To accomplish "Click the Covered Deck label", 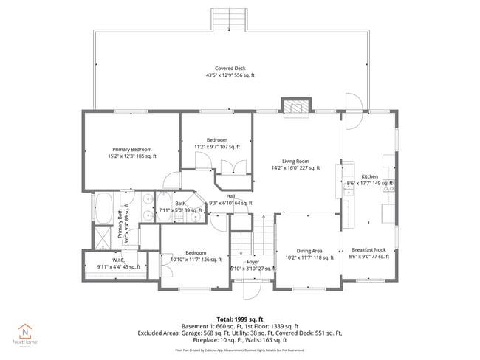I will (x=230, y=72).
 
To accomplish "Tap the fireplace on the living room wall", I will (x=298, y=107).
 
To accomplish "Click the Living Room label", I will (x=294, y=165).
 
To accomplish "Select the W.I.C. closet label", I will (x=118, y=263).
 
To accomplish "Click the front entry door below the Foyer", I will (x=253, y=289).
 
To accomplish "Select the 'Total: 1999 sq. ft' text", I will (x=239, y=318).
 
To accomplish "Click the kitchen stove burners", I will (x=388, y=183).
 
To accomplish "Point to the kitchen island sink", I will (x=346, y=191).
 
